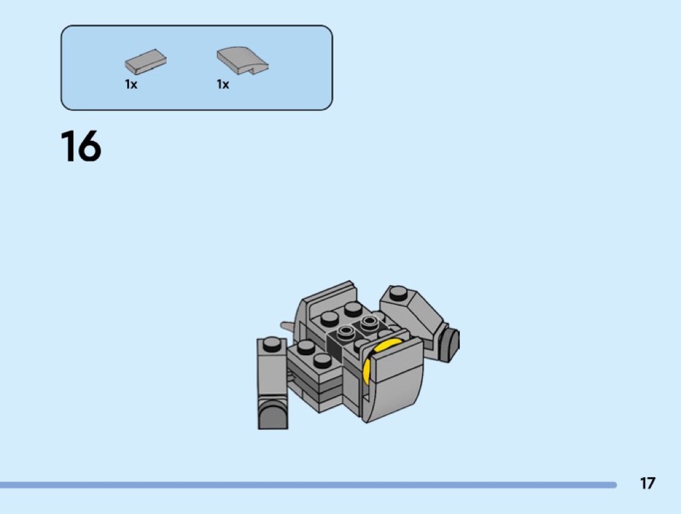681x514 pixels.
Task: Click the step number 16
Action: [x=81, y=146]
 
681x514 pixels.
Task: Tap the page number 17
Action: [x=647, y=483]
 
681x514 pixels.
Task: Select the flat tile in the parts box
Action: [x=145, y=61]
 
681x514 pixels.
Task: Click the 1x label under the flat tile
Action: [x=131, y=84]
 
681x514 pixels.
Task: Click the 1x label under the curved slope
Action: [x=223, y=84]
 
